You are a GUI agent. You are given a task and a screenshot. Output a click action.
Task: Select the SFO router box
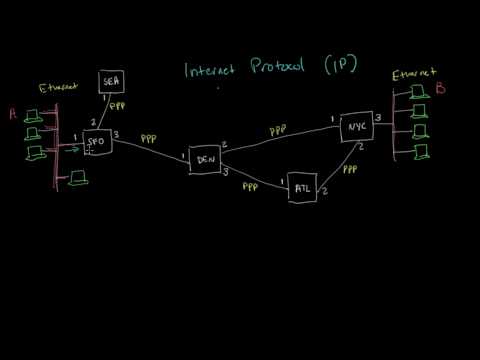[97, 143]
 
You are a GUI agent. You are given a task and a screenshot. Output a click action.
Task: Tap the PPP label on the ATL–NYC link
[350, 170]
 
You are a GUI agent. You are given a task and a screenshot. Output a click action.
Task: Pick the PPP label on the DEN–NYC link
[280, 129]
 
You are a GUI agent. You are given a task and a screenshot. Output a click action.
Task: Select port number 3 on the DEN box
[227, 171]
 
